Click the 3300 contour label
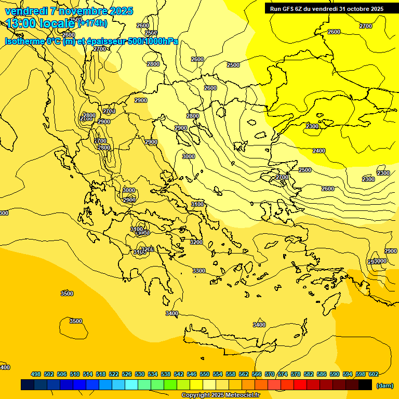199,271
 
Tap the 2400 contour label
319,151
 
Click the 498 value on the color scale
36,374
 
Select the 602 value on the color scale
373,374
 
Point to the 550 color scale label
205,374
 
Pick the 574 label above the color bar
283,374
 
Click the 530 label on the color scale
140,374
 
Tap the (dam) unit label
384,385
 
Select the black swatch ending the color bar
365,385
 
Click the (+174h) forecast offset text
92,23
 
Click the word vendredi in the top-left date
23,11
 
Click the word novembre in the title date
80,11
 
